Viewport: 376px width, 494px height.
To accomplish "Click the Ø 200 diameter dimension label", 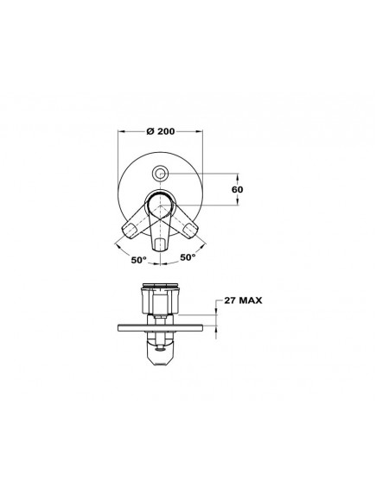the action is (161, 131).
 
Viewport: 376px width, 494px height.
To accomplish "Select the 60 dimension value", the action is (237, 190).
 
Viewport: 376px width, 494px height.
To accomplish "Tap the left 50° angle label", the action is (139, 260).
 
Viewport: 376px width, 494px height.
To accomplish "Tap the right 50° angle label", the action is (188, 257).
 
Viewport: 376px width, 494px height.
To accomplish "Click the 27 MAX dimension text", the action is (243, 301).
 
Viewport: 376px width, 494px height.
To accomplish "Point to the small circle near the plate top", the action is (161, 173).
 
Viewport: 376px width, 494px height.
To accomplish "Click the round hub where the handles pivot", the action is (161, 205).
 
